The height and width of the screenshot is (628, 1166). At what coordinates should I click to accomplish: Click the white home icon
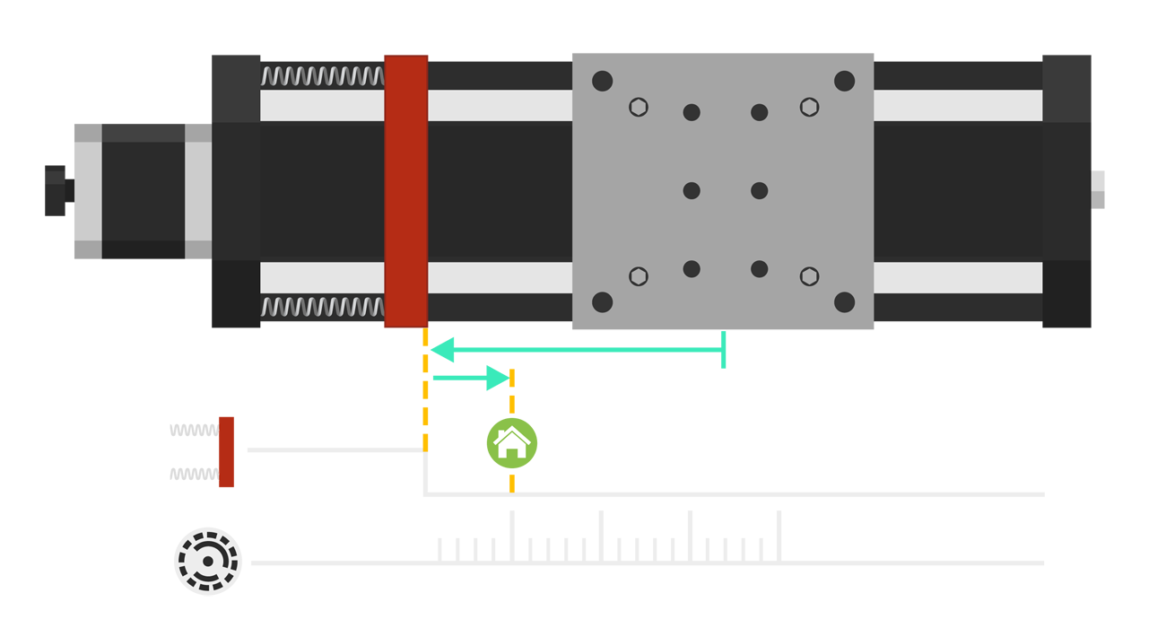[511, 441]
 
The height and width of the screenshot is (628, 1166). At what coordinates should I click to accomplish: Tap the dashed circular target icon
[208, 562]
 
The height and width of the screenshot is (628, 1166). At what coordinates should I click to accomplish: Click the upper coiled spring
[322, 76]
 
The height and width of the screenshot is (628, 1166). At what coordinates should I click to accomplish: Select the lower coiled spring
[322, 309]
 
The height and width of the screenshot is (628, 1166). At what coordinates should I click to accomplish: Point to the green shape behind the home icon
[556, 440]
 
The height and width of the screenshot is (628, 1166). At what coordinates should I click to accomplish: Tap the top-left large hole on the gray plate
[603, 82]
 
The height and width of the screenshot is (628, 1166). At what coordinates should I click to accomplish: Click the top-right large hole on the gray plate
[844, 82]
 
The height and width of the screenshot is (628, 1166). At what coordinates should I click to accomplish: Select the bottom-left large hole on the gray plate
[603, 302]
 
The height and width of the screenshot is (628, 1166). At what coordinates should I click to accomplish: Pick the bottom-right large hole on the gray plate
[844, 302]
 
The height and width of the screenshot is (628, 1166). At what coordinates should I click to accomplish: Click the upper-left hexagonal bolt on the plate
[638, 107]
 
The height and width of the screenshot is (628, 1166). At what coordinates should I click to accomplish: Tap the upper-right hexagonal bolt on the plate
[809, 107]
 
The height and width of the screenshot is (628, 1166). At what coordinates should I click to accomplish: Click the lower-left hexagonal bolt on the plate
[638, 276]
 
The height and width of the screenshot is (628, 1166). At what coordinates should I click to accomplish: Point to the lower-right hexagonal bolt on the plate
[809, 276]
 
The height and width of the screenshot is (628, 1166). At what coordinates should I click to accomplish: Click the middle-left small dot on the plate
[692, 190]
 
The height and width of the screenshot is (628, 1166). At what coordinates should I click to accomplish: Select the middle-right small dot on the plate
[760, 190]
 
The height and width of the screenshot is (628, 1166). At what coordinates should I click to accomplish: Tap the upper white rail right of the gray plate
[957, 106]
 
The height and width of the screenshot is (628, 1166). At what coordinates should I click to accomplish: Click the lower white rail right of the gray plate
[957, 277]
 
